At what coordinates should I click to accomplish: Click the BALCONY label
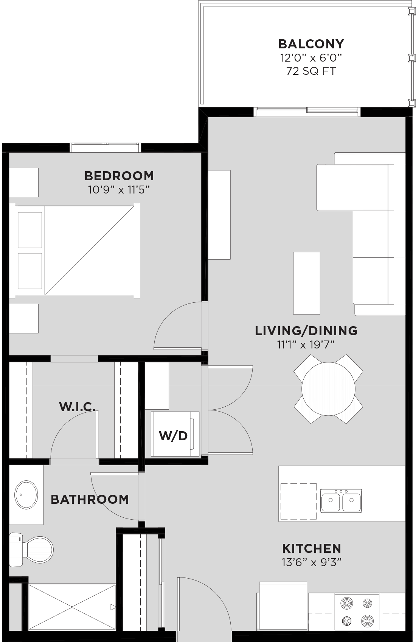pos(311,44)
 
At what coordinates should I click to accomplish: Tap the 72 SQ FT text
pos(311,71)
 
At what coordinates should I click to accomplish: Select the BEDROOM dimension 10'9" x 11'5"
pos(119,190)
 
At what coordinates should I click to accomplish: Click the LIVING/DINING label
pos(306,331)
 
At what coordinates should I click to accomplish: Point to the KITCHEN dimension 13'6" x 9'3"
pos(312,562)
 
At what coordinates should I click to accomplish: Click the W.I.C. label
pos(77,407)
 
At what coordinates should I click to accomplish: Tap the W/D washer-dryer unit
pos(175,434)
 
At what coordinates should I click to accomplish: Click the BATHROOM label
pos(90,500)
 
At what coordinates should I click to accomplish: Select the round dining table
pos(328,389)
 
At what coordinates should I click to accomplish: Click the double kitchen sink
pos(341,500)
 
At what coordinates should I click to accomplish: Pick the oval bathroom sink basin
pos(26,495)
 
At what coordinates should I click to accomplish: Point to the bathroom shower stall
pos(72,607)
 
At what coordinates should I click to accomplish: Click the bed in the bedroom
pos(75,251)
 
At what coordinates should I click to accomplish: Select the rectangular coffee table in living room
pos(307,283)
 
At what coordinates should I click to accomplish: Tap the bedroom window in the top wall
pos(106,147)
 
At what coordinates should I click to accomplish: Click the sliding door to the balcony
pos(307,112)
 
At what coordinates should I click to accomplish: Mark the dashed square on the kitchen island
pos(298,502)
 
